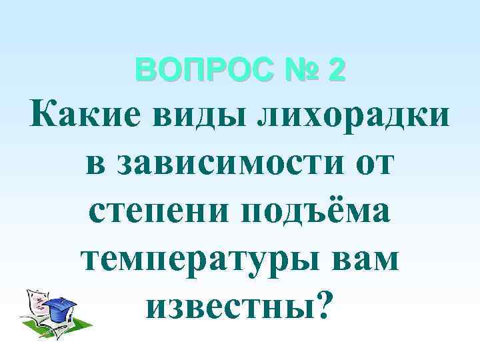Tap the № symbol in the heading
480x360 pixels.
click(x=293, y=70)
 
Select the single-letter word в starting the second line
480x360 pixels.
click(x=96, y=162)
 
